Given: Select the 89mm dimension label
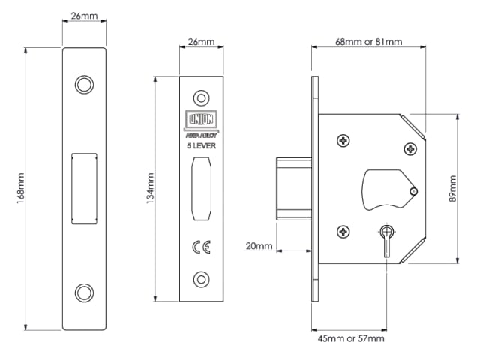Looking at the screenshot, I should [x=452, y=189].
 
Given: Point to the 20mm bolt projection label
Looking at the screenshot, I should [x=259, y=246].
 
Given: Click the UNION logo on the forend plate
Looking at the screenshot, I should [x=200, y=121].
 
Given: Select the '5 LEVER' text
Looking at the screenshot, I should [x=200, y=145].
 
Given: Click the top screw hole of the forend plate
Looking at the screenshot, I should [x=200, y=97].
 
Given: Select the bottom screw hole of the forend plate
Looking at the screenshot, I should [x=200, y=278].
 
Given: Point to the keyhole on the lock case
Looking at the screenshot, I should [x=387, y=235].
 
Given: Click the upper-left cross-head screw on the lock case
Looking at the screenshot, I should [x=343, y=140].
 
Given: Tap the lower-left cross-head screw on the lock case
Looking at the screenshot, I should [x=343, y=232].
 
